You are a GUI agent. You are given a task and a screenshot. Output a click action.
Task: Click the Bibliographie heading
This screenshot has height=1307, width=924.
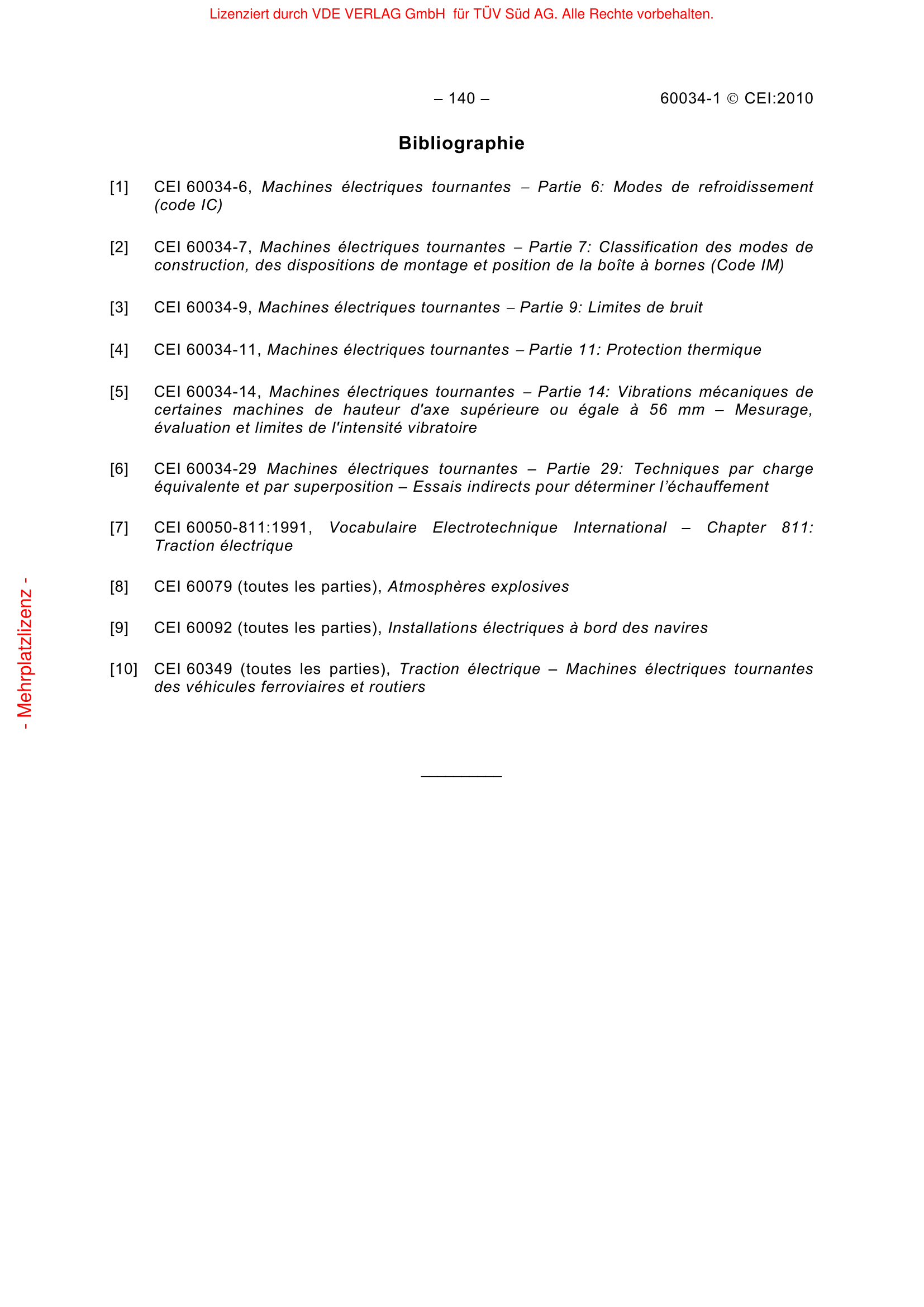pos(461,143)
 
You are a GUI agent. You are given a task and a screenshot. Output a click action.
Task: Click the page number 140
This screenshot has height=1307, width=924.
pos(461,98)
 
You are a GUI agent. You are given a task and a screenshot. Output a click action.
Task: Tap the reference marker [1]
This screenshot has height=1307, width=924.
pos(119,187)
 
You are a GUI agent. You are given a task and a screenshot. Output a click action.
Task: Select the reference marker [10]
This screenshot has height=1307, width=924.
pos(123,669)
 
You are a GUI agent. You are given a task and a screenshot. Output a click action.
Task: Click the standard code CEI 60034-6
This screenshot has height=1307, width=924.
pos(202,187)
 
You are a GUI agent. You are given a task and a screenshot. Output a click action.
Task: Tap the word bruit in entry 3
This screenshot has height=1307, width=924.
pos(685,307)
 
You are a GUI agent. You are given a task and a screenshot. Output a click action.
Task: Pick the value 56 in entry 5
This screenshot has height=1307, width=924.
pos(658,410)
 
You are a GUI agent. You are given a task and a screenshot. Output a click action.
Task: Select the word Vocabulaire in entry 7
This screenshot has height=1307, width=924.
pos(373,527)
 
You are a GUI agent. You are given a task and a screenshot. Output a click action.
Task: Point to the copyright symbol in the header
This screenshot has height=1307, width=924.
pos(733,99)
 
